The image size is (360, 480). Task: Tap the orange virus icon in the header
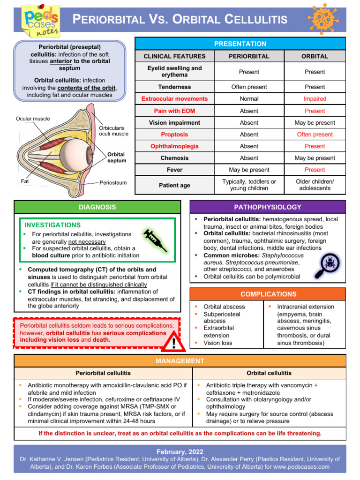pyautogui.click(x=323, y=18)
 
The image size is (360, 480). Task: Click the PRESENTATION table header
pyautogui.click(x=240, y=44)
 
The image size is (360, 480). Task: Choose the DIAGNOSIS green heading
pyautogui.click(x=97, y=207)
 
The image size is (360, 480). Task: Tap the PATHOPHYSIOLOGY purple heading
pyautogui.click(x=267, y=207)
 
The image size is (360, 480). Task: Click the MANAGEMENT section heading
pyautogui.click(x=180, y=361)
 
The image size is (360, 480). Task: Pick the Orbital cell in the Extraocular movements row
pyautogui.click(x=315, y=99)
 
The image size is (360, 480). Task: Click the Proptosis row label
pyautogui.click(x=174, y=135)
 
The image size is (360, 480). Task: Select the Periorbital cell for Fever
pyautogui.click(x=249, y=170)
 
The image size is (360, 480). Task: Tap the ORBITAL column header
pyautogui.click(x=315, y=56)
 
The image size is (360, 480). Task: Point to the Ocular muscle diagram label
pyautogui.click(x=32, y=119)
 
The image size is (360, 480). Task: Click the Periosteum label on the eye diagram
pyautogui.click(x=113, y=183)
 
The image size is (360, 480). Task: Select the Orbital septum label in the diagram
pyautogui.click(x=117, y=157)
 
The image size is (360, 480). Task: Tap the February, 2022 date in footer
pyautogui.click(x=180, y=451)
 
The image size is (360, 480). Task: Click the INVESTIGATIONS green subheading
pyautogui.click(x=52, y=225)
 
